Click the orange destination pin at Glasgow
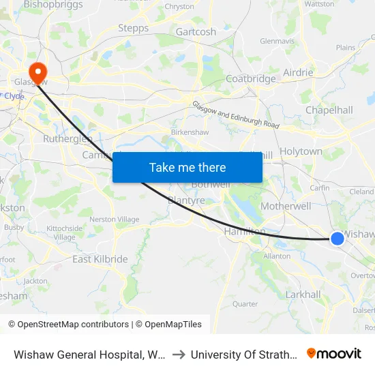click(37, 71)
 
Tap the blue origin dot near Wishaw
click(337, 238)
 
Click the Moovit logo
click(334, 354)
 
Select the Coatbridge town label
click(250, 78)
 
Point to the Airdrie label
click(298, 72)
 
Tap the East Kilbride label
click(100, 259)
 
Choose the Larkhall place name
click(303, 295)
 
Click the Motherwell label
click(286, 206)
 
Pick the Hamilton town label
click(244, 232)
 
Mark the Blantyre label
click(186, 200)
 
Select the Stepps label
click(134, 28)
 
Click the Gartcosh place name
click(196, 32)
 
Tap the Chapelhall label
click(329, 110)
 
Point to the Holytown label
click(301, 151)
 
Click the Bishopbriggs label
click(53, 5)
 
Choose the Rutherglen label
click(67, 138)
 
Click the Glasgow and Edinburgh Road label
click(236, 115)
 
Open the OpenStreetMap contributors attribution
click(68, 325)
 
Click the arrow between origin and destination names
click(179, 355)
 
